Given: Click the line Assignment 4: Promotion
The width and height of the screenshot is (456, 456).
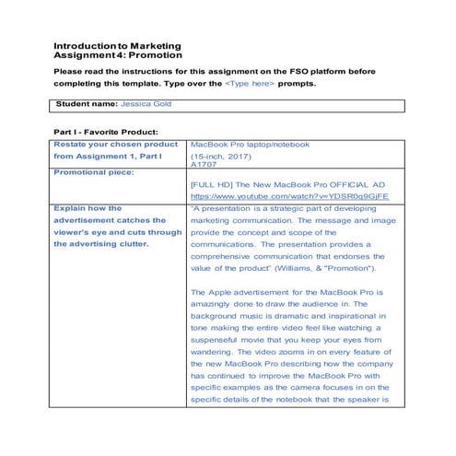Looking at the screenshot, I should point(111,55).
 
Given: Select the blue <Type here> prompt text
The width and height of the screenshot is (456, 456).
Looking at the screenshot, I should point(250,84).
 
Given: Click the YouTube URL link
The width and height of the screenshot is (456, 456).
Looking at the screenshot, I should point(289,196).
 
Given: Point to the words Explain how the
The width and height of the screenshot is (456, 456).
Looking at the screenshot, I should point(88,208).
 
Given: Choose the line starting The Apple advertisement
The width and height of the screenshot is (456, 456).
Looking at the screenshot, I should point(292,292).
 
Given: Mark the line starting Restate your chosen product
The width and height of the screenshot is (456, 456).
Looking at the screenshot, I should point(116,145).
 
